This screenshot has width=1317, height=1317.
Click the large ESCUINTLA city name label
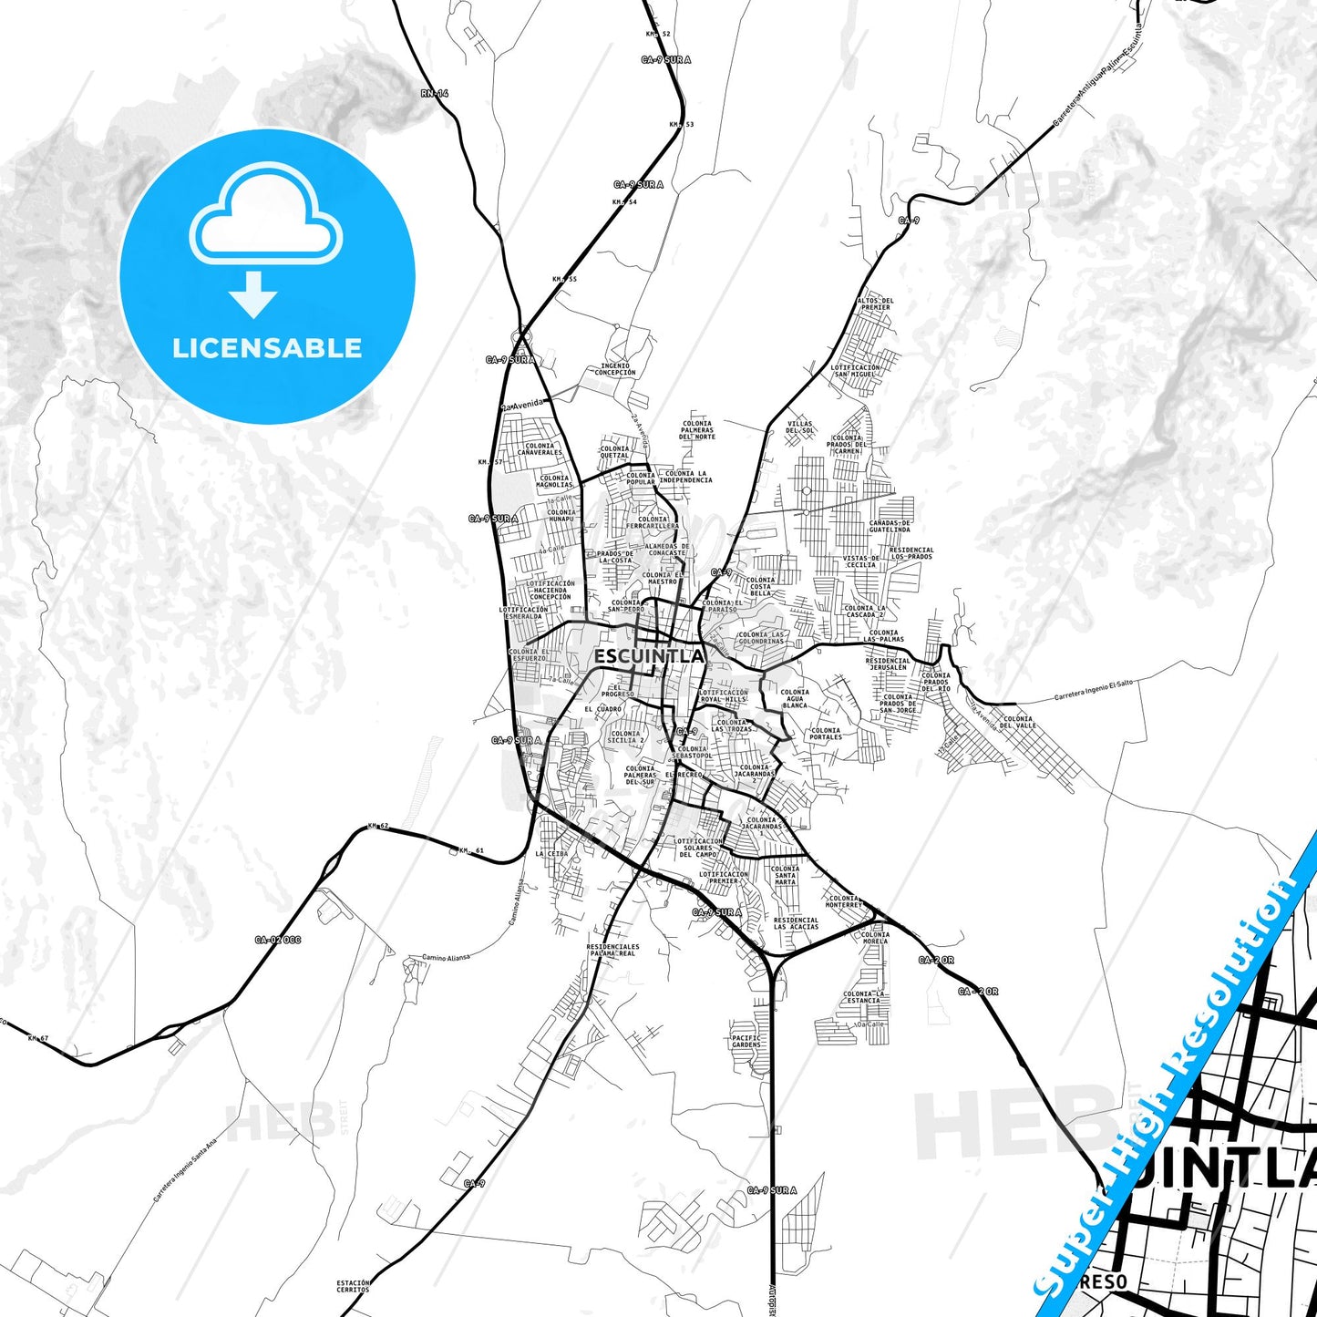pyautogui.click(x=649, y=656)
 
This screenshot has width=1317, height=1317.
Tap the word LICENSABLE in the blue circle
pyautogui.click(x=267, y=348)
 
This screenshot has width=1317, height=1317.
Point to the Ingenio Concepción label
pyautogui.click(x=614, y=369)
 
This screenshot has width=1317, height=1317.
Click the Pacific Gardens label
pyautogui.click(x=746, y=1041)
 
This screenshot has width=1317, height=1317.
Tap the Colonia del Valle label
pyautogui.click(x=1018, y=722)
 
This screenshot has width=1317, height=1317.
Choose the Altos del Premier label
pyautogui.click(x=875, y=304)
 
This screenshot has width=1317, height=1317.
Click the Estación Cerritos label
pyautogui.click(x=353, y=1286)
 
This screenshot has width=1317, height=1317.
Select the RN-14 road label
pyautogui.click(x=435, y=94)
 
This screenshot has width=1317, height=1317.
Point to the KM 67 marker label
pyautogui.click(x=37, y=1038)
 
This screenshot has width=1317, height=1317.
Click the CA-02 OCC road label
pyautogui.click(x=277, y=940)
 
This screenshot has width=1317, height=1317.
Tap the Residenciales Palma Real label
pyautogui.click(x=612, y=950)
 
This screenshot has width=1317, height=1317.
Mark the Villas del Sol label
pyautogui.click(x=799, y=427)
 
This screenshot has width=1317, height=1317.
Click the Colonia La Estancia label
pyautogui.click(x=863, y=997)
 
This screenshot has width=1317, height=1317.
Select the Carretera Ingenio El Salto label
pyautogui.click(x=1093, y=691)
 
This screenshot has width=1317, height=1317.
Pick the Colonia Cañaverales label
pyautogui.click(x=540, y=449)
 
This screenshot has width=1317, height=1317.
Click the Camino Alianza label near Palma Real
pyautogui.click(x=446, y=958)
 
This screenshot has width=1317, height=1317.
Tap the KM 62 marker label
pyautogui.click(x=377, y=827)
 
